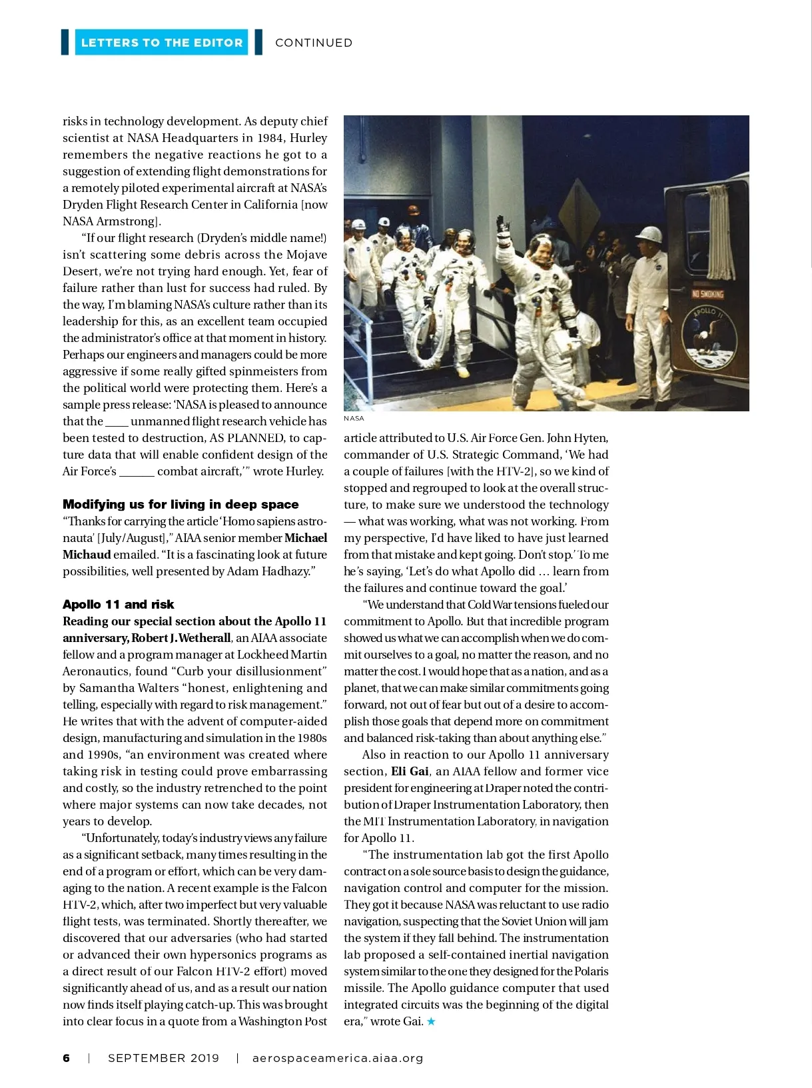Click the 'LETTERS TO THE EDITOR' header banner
pyautogui.click(x=161, y=43)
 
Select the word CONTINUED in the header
pyautogui.click(x=314, y=43)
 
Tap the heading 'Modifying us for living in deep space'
pyautogui.click(x=181, y=504)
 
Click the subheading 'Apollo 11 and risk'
pyautogui.click(x=118, y=604)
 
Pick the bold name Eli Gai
pyautogui.click(x=410, y=771)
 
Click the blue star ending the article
pyautogui.click(x=431, y=1021)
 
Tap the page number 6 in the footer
pyautogui.click(x=66, y=1058)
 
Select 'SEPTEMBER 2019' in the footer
pyautogui.click(x=163, y=1058)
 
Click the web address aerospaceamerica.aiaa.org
pyautogui.click(x=338, y=1058)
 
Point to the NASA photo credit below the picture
pyautogui.click(x=354, y=419)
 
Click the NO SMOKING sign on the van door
pyautogui.click(x=707, y=294)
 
